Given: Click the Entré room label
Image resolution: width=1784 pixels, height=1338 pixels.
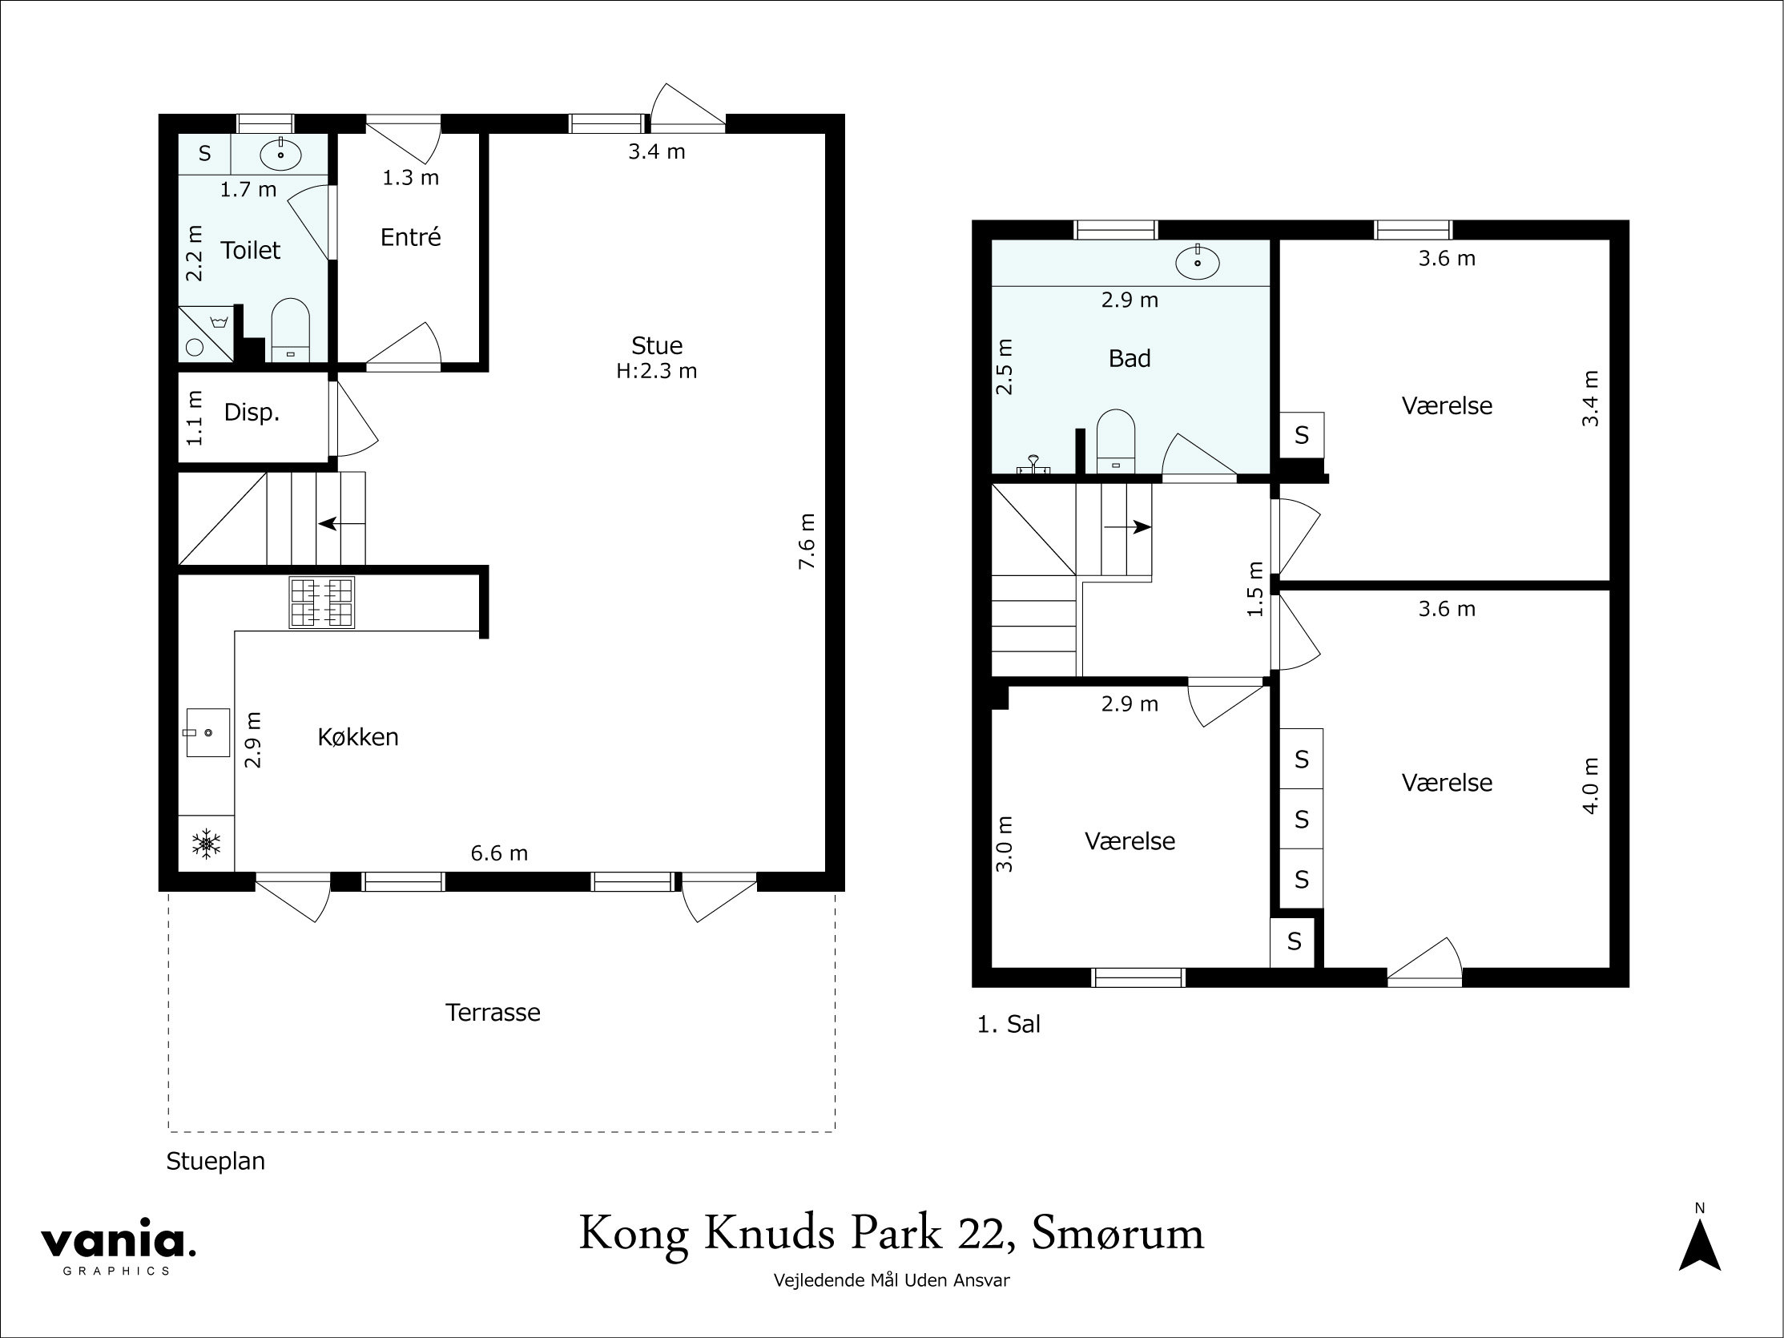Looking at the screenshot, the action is coord(410,237).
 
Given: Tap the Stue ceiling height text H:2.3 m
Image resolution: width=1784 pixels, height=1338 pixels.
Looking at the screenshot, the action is coord(657,371).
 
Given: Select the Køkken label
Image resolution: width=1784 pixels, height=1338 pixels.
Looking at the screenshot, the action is coord(358,737).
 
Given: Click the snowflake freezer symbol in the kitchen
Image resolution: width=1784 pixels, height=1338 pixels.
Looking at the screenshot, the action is coord(207,844).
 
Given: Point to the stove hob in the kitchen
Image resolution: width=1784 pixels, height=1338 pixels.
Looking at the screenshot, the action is coord(322,603).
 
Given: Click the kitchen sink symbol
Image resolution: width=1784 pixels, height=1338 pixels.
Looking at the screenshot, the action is coord(207,732).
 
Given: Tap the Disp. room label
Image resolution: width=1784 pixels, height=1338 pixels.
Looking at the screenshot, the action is coord(252,412).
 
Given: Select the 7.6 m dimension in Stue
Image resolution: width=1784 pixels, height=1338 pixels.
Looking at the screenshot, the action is coord(807,541).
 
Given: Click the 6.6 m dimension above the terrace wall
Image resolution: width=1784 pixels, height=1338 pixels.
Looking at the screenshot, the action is coord(499,853).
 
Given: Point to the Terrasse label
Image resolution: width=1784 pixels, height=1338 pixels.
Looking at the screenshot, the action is coord(493,1012).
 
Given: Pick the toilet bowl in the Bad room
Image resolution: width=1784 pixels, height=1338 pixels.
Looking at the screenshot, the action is coord(1116,441).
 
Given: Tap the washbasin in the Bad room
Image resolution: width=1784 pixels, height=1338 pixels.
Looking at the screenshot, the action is coord(1198,262).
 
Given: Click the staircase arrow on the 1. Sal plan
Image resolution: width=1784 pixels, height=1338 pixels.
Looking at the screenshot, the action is coord(1127,527).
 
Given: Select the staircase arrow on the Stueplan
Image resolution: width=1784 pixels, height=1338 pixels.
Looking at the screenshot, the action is coord(342,523).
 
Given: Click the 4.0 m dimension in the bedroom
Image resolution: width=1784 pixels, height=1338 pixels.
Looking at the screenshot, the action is coord(1589,785).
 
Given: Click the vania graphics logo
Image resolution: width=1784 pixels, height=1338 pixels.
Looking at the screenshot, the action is coord(119,1246).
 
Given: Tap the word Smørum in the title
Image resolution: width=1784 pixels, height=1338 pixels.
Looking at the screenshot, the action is coord(1118,1234).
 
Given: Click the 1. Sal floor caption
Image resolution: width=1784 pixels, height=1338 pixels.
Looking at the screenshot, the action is coord(1008,1024).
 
